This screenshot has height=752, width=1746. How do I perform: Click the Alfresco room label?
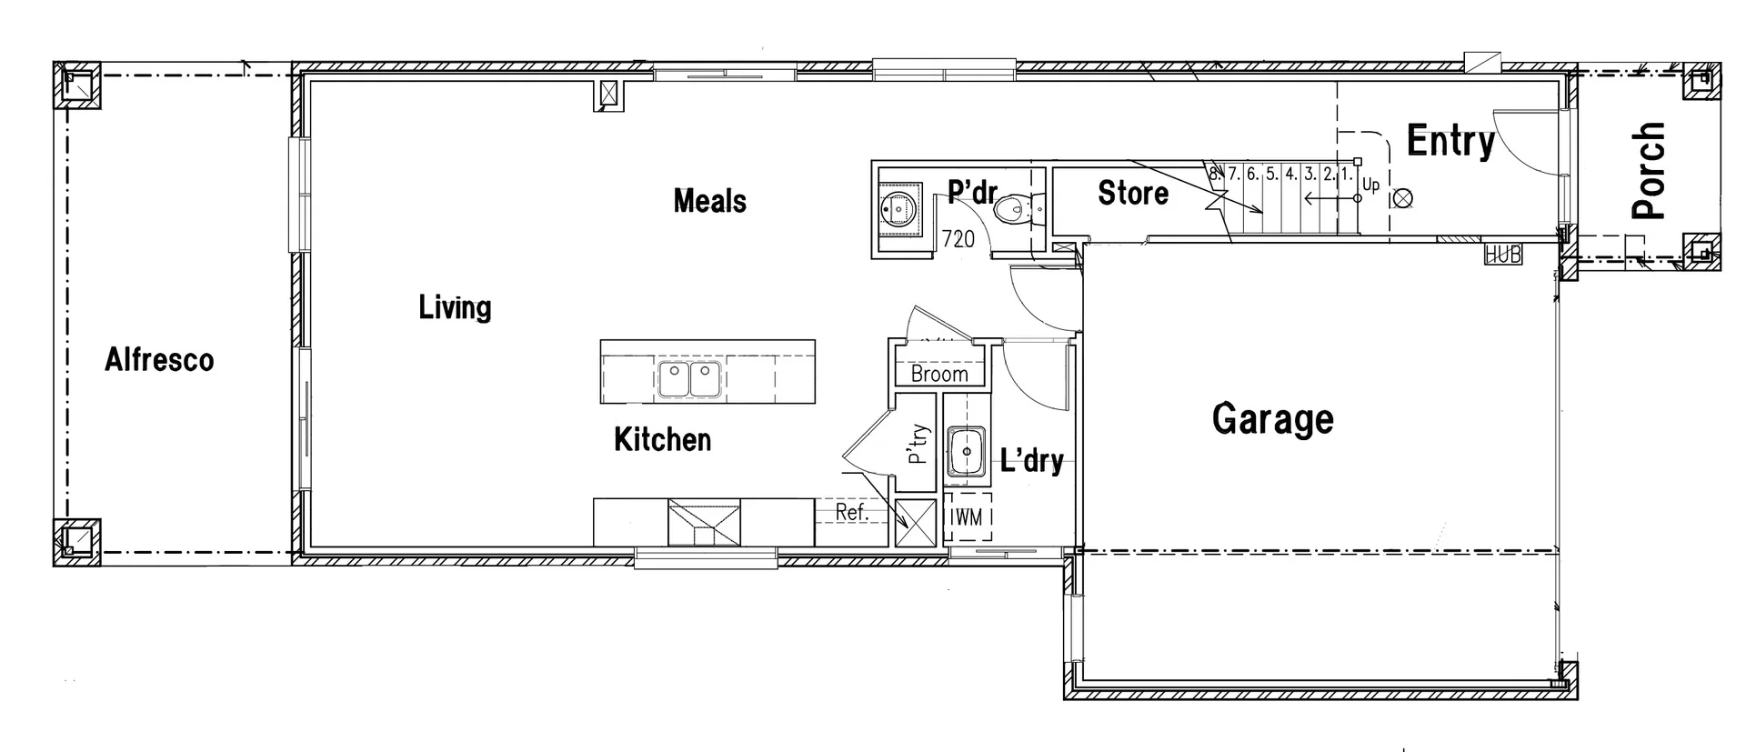tap(159, 360)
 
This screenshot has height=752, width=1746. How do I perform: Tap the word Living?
tap(455, 307)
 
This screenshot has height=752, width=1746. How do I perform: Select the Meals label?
tap(709, 201)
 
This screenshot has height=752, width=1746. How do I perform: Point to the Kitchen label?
tap(662, 440)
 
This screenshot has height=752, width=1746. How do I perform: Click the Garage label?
tap(1272, 419)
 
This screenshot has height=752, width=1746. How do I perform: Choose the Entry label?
tap(1450, 142)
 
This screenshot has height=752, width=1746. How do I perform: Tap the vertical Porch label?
tap(1648, 171)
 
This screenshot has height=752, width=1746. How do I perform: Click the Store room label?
tap(1133, 193)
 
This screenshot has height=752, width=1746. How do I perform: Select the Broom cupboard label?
tap(939, 374)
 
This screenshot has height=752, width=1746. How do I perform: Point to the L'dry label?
tap(1031, 460)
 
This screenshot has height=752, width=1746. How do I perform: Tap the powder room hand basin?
tap(899, 209)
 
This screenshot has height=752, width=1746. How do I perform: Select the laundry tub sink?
tap(966, 451)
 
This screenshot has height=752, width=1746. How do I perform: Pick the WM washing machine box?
tap(967, 517)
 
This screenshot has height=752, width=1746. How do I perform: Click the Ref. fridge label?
tap(852, 513)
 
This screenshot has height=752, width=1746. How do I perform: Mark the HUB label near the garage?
tap(1502, 255)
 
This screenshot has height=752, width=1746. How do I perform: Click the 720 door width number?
tap(958, 239)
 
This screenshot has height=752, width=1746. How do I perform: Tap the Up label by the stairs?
tap(1371, 185)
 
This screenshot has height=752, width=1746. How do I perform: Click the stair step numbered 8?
tap(1213, 173)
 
